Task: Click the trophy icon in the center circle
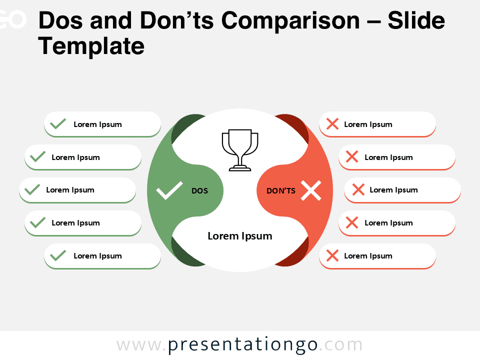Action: pos(240,150)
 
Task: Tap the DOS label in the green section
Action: pos(199,190)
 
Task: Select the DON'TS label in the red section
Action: pos(281,190)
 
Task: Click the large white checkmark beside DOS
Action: pos(169,191)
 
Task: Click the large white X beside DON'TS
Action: pos(311,191)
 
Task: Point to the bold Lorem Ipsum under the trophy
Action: pos(240,236)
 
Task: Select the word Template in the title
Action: pos(91,46)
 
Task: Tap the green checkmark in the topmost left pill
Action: pos(58,124)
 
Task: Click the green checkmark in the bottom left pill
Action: pos(58,255)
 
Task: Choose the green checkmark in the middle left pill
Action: pos(32,189)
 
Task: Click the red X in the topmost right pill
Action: pos(332,124)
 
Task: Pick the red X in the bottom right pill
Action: pos(332,255)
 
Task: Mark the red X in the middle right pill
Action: pos(358,189)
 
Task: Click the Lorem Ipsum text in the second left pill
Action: pos(75,157)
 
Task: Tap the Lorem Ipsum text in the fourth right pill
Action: pos(388,222)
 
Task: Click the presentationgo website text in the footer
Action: pos(240,345)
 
